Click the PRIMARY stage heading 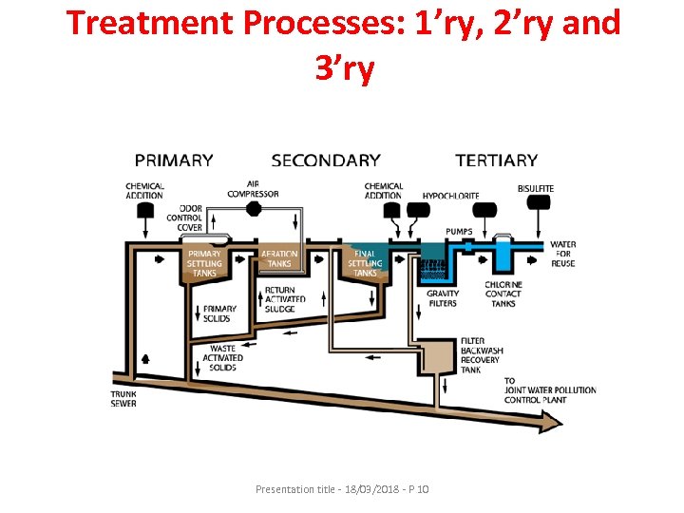point(174,161)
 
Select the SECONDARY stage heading point(325,161)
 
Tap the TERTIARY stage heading point(496,161)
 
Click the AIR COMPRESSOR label point(253,189)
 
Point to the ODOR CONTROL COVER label point(184,218)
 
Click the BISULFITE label point(536,189)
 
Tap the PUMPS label point(461,232)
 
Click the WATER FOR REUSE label point(562,254)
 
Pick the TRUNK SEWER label point(123,398)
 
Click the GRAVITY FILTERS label point(442,298)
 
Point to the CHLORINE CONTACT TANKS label point(503,294)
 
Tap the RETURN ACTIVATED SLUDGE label point(285,299)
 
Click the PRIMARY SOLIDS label point(219,313)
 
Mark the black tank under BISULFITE point(536,207)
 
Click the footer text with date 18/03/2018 point(342,488)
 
